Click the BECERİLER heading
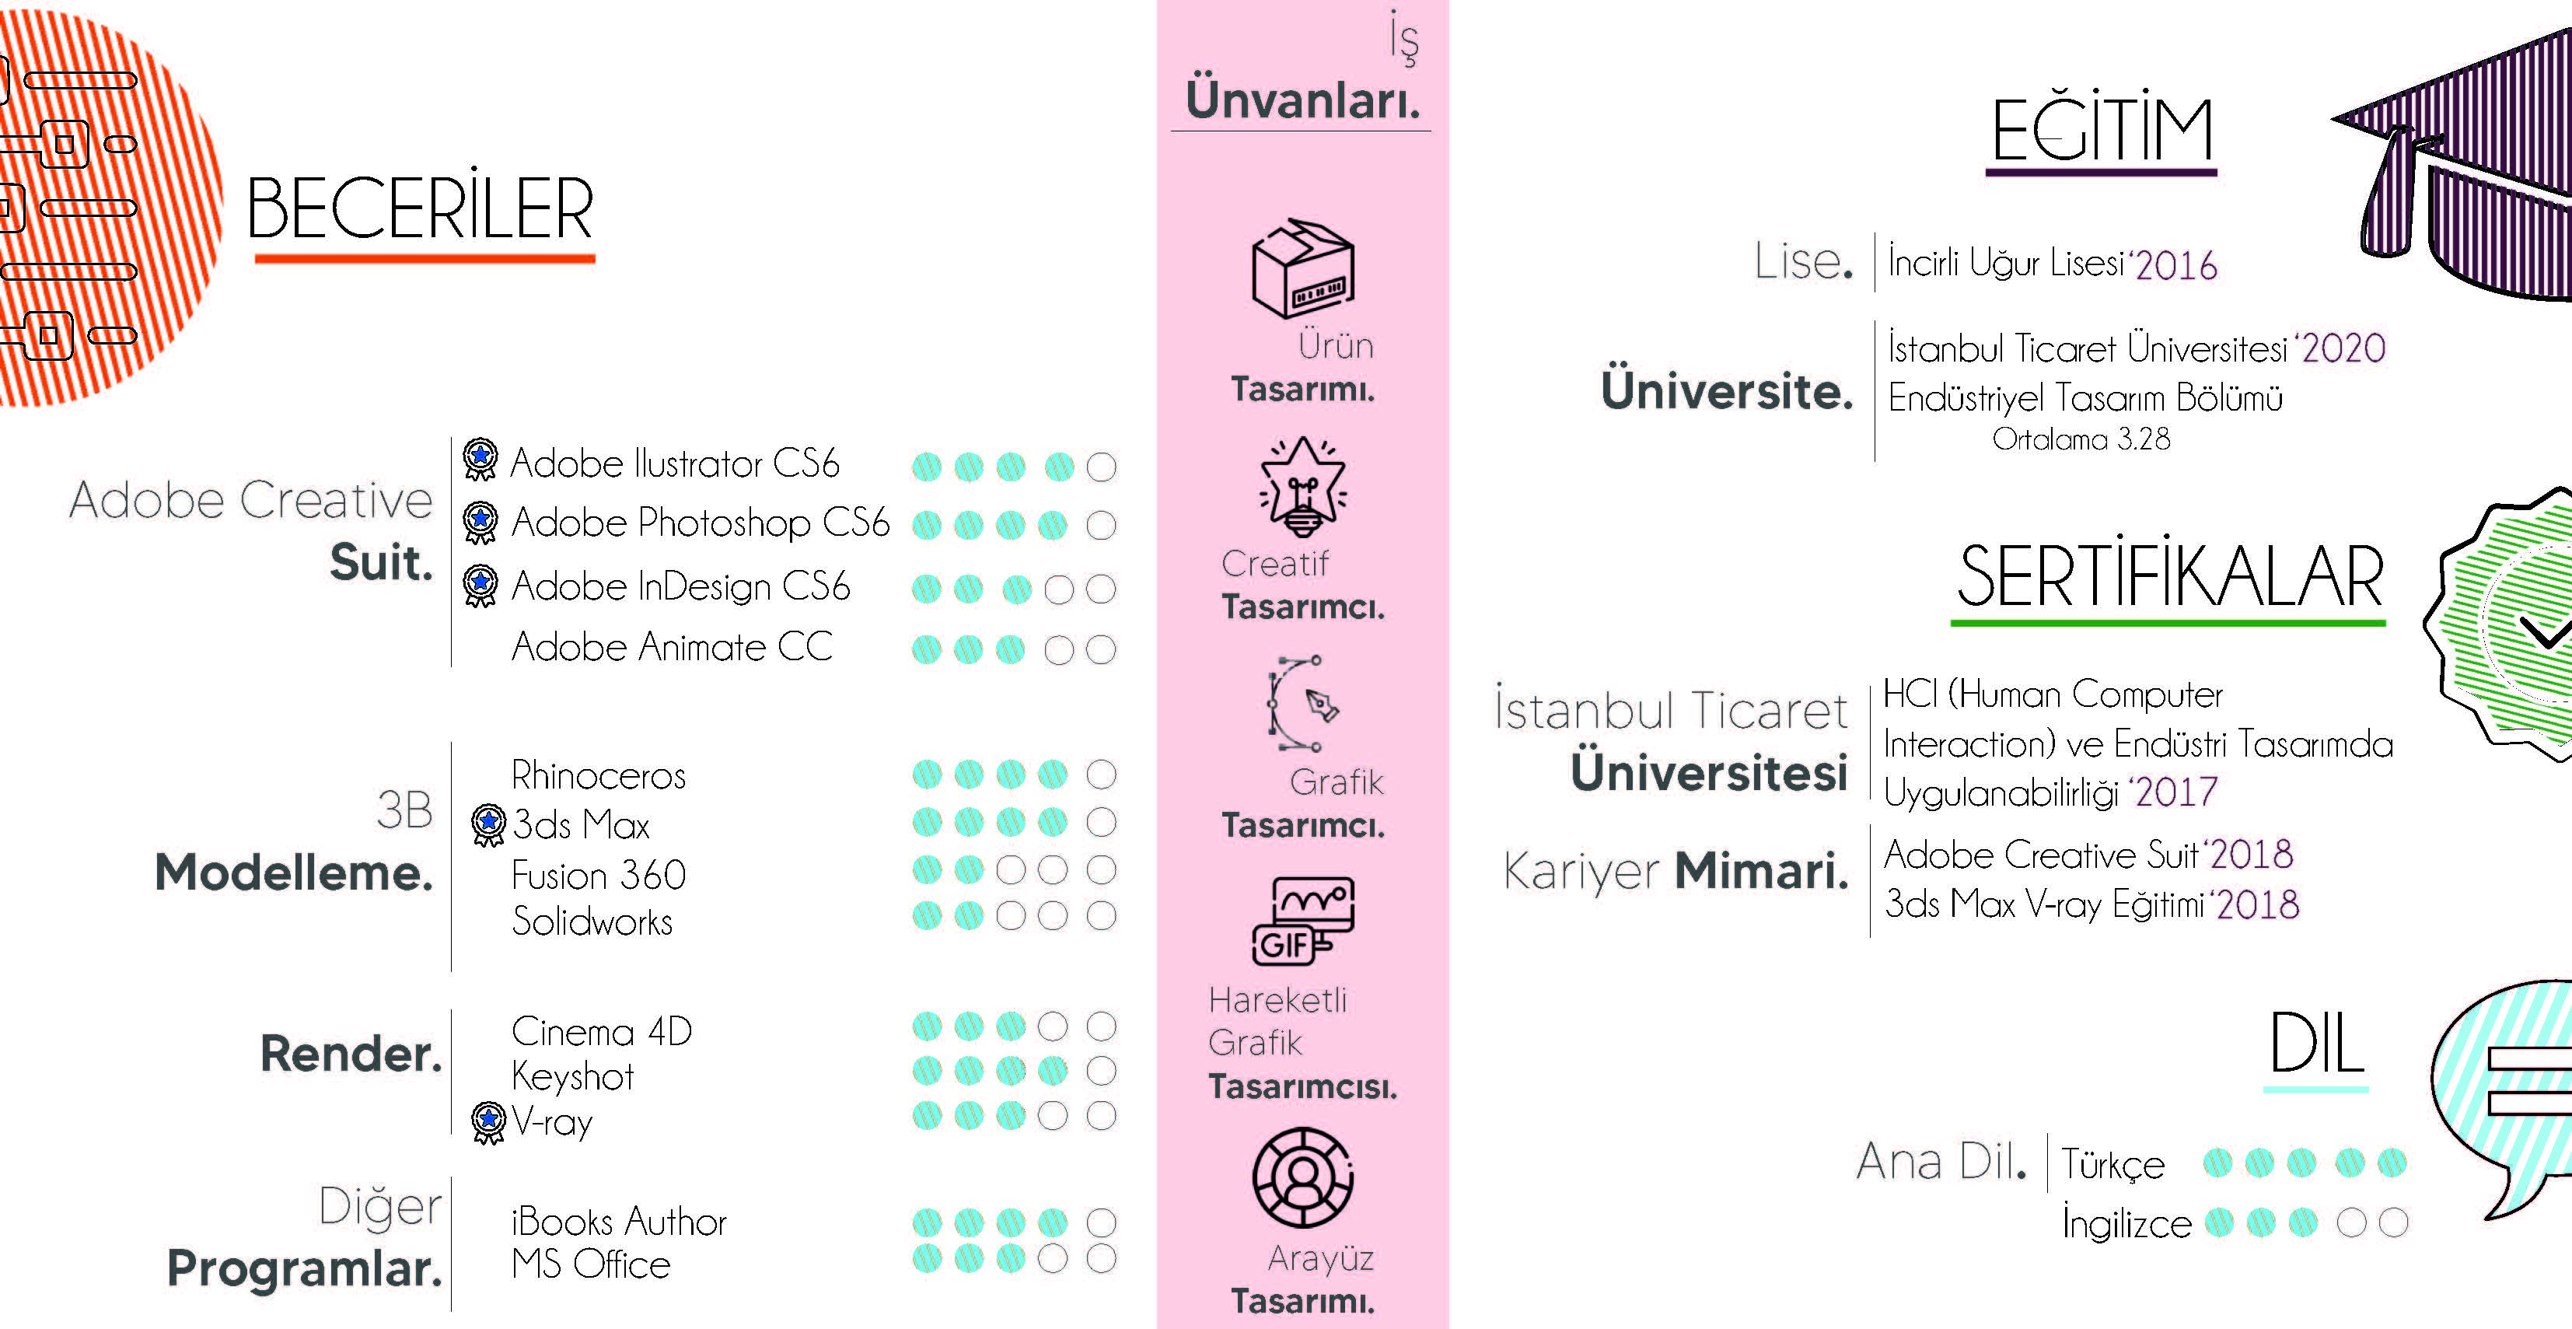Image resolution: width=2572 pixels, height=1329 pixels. (x=419, y=210)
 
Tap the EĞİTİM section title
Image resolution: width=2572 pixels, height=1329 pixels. (x=2102, y=131)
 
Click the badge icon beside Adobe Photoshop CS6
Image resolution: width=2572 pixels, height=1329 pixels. (x=481, y=523)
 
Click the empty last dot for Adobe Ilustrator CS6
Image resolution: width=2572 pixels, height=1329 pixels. (x=1100, y=467)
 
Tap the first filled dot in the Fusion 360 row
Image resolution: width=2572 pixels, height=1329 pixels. (x=927, y=869)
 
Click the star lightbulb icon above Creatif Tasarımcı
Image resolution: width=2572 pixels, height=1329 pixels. (x=1302, y=488)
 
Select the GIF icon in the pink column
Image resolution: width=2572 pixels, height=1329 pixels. (x=1302, y=922)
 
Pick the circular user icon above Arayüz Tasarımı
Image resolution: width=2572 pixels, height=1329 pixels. (x=1302, y=1177)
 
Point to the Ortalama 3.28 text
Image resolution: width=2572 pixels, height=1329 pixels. (x=2081, y=439)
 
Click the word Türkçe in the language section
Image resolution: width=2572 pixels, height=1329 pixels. (x=2112, y=1164)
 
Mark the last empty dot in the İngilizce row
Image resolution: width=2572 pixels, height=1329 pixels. (x=2393, y=1222)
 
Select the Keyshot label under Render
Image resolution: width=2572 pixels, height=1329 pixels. (x=572, y=1076)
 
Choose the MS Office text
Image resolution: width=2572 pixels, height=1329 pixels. (x=590, y=1265)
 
